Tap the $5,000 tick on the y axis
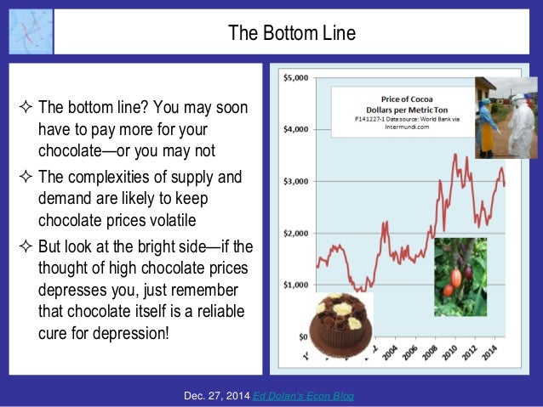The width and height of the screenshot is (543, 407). click(x=296, y=78)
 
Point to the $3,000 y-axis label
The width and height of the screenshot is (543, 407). click(x=296, y=181)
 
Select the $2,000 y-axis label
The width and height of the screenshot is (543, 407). click(x=296, y=233)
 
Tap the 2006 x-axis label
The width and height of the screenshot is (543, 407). click(x=412, y=352)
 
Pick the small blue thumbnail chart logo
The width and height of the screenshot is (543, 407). click(x=31, y=32)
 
